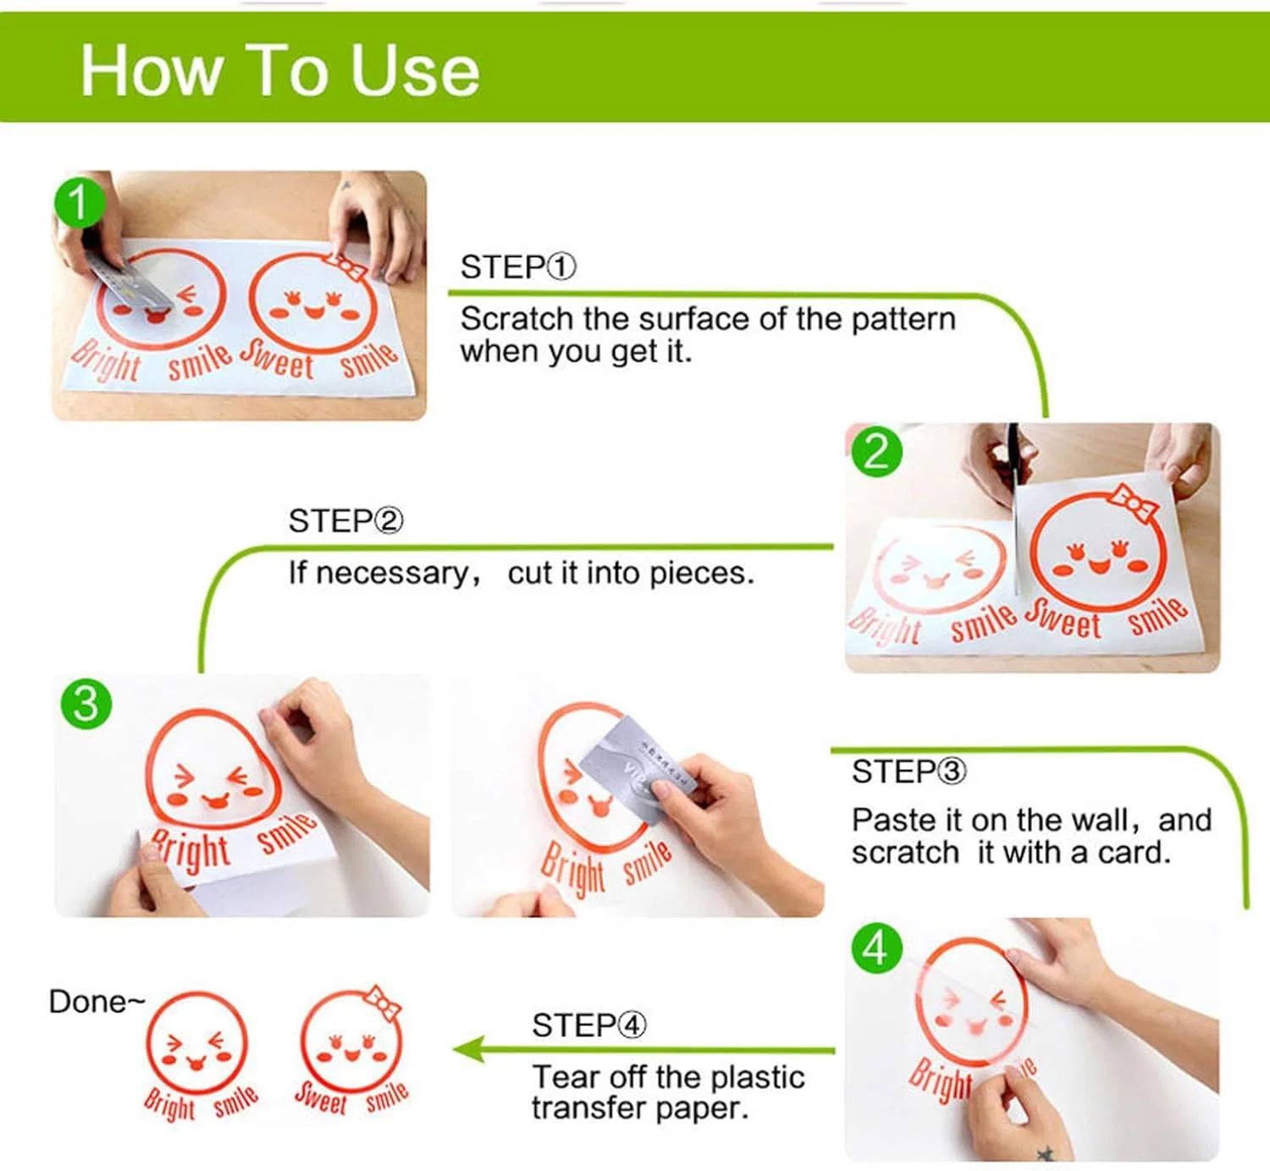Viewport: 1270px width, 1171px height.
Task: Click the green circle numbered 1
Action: (x=79, y=202)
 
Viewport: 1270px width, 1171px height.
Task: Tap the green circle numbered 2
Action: (x=876, y=453)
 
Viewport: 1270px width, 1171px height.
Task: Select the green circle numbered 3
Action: (x=86, y=704)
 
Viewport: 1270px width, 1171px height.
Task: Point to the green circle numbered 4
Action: (x=876, y=948)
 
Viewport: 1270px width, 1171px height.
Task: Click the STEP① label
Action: (x=518, y=267)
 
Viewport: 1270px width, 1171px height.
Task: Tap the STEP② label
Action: (x=346, y=521)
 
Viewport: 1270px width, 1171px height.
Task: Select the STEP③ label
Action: (x=908, y=771)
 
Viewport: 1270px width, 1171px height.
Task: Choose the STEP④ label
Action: (x=589, y=1025)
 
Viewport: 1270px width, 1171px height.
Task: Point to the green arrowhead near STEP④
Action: (x=468, y=1049)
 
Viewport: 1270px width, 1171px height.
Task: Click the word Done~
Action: (x=97, y=1002)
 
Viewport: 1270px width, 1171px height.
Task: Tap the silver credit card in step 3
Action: (x=638, y=767)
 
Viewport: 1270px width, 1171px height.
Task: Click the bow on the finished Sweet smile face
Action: (x=383, y=1003)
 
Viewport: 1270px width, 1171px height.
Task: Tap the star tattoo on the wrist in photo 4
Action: (x=1045, y=1154)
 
